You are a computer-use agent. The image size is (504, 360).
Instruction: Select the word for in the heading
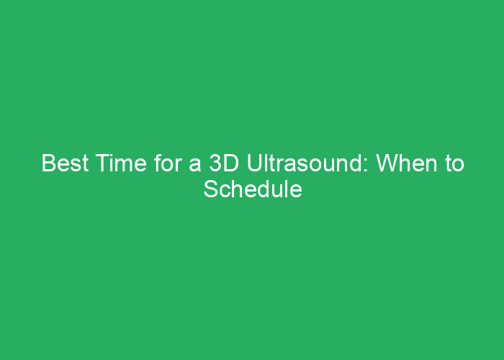[167, 164]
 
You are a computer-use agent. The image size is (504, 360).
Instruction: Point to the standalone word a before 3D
[194, 166]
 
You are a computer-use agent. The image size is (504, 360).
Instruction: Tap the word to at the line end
[454, 165]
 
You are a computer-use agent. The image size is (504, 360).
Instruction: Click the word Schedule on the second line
[252, 190]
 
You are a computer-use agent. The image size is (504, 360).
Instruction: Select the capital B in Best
[48, 164]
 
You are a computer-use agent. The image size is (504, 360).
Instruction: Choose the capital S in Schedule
[210, 190]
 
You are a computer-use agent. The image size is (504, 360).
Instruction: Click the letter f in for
[157, 164]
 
